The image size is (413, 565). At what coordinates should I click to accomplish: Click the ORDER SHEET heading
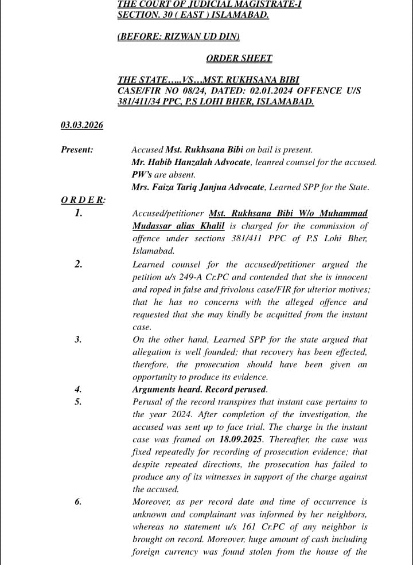[x=239, y=58]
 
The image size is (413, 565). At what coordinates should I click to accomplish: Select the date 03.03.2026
[x=81, y=125]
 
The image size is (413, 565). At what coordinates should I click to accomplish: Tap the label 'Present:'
[x=77, y=150]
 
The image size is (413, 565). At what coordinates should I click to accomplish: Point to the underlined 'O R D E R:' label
[x=83, y=200]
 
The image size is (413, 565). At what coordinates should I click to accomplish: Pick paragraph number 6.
[x=78, y=502]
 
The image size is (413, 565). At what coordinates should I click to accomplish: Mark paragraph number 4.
[x=78, y=389]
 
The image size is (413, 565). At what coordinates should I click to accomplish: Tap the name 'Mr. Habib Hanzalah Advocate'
[x=191, y=162]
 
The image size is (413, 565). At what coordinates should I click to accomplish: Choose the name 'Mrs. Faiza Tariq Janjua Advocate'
[x=198, y=187]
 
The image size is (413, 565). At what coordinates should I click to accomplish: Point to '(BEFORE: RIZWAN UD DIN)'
[x=178, y=36]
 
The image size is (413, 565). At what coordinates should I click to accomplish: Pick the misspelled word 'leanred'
[x=268, y=162]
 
